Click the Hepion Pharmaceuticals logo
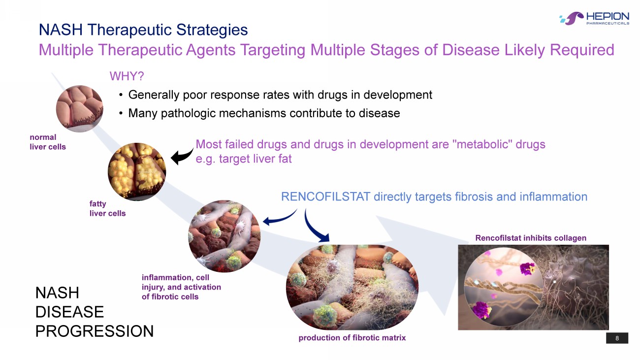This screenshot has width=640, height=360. coord(594,19)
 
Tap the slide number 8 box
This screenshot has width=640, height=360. coord(617,338)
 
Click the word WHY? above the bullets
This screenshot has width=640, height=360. coord(127,76)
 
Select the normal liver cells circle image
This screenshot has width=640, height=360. coord(79,108)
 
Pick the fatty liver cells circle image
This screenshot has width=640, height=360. coord(137,172)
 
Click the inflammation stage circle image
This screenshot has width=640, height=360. coord(224,236)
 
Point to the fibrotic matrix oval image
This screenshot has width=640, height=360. coord(352,288)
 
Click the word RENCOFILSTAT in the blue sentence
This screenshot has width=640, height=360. coord(326,197)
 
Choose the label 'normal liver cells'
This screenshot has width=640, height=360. coord(48,142)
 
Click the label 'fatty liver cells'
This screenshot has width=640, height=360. coord(107,209)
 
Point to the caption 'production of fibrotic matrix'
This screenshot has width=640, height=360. coord(352,338)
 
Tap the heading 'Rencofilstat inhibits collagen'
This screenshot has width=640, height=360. coord(531,238)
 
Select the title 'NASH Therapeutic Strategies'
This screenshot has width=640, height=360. coord(143,30)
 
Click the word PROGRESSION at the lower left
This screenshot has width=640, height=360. coord(95,331)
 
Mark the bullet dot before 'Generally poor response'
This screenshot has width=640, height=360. coord(121,95)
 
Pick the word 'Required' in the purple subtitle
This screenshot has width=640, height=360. coord(582,50)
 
